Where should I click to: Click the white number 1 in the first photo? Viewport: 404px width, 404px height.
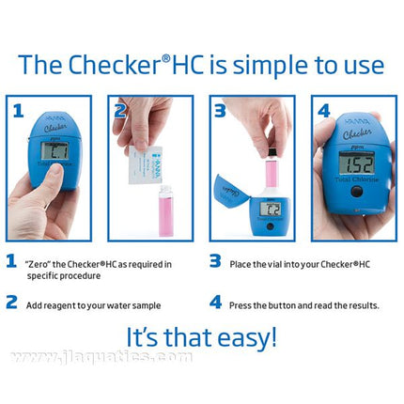click(x=19, y=112)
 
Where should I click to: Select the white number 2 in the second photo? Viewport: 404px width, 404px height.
click(x=120, y=112)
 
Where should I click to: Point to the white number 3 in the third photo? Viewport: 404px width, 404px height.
click(x=221, y=112)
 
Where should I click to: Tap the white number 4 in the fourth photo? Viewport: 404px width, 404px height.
click(x=323, y=112)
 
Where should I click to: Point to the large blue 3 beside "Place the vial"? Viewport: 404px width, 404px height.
click(x=214, y=262)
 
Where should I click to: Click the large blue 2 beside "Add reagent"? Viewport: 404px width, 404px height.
click(x=12, y=303)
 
